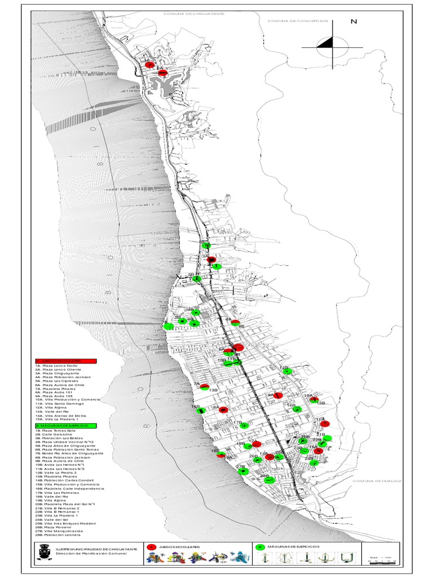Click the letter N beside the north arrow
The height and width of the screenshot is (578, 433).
pos(354,22)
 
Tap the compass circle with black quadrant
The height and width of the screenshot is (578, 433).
pos(333,46)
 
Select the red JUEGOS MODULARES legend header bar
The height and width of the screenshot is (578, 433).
pos(65,361)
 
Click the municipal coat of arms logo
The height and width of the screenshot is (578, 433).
pos(43,553)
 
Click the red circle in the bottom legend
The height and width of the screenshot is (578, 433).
pos(151,547)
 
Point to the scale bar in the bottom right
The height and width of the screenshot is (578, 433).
pos(381,560)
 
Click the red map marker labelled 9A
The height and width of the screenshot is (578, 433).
pos(278,396)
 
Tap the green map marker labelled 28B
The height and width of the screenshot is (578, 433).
pos(269,480)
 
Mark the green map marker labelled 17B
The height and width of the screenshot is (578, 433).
pos(244,426)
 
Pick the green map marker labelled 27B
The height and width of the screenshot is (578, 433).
pos(244,471)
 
